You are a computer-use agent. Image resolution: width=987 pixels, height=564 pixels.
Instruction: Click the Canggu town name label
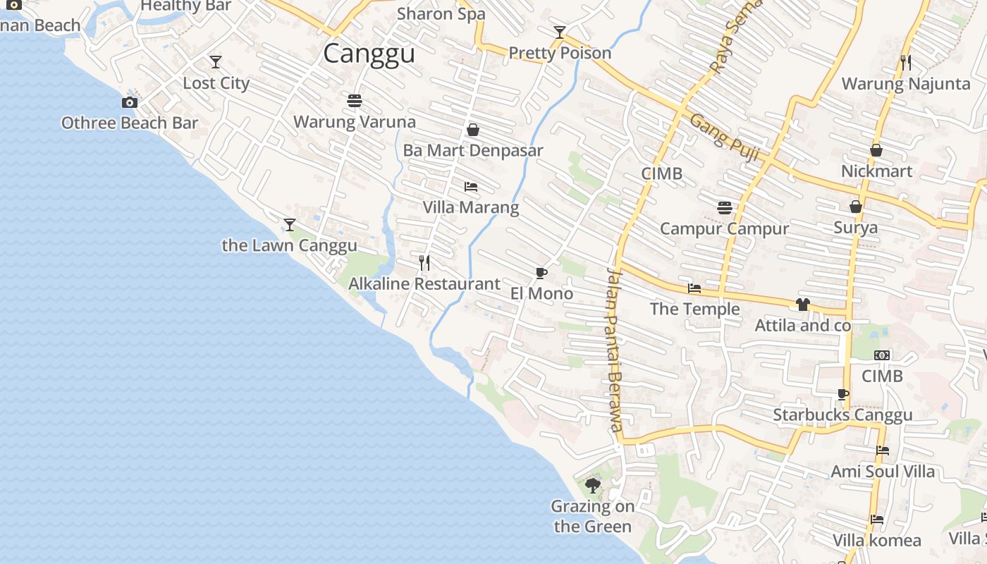(x=369, y=54)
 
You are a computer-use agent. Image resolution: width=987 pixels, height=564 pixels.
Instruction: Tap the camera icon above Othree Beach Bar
(x=129, y=103)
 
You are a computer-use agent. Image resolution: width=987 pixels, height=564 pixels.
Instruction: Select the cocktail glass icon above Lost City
(x=216, y=62)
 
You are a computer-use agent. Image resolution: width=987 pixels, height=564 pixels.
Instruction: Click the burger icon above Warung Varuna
(x=355, y=101)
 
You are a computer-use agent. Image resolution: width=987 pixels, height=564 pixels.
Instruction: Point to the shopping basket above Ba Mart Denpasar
(x=473, y=130)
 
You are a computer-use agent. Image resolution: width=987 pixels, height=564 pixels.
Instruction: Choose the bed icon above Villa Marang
(x=471, y=187)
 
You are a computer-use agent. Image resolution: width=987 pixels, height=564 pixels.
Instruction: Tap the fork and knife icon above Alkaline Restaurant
(x=424, y=263)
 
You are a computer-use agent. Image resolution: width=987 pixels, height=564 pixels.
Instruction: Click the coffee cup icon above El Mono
(x=541, y=273)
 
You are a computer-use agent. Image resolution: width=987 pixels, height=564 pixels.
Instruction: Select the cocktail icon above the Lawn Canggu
(x=289, y=225)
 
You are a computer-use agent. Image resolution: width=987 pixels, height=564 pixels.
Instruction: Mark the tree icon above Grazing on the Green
(x=592, y=485)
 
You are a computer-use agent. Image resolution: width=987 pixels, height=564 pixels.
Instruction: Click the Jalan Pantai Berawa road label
(x=614, y=350)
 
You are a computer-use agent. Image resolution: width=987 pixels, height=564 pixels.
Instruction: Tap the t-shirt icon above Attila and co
(x=803, y=305)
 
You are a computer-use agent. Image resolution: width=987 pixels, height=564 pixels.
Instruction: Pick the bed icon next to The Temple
(x=694, y=288)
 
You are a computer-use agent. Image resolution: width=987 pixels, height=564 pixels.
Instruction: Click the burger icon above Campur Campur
(x=724, y=208)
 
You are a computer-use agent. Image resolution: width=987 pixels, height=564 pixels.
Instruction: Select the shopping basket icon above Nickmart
(x=876, y=150)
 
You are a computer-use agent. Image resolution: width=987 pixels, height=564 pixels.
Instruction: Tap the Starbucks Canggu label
(x=842, y=415)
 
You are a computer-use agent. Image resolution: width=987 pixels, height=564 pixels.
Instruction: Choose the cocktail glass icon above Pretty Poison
(x=560, y=32)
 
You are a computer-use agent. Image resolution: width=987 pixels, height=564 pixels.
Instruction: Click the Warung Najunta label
(x=906, y=84)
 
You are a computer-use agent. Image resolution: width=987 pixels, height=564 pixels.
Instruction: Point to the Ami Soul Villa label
(x=883, y=471)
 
